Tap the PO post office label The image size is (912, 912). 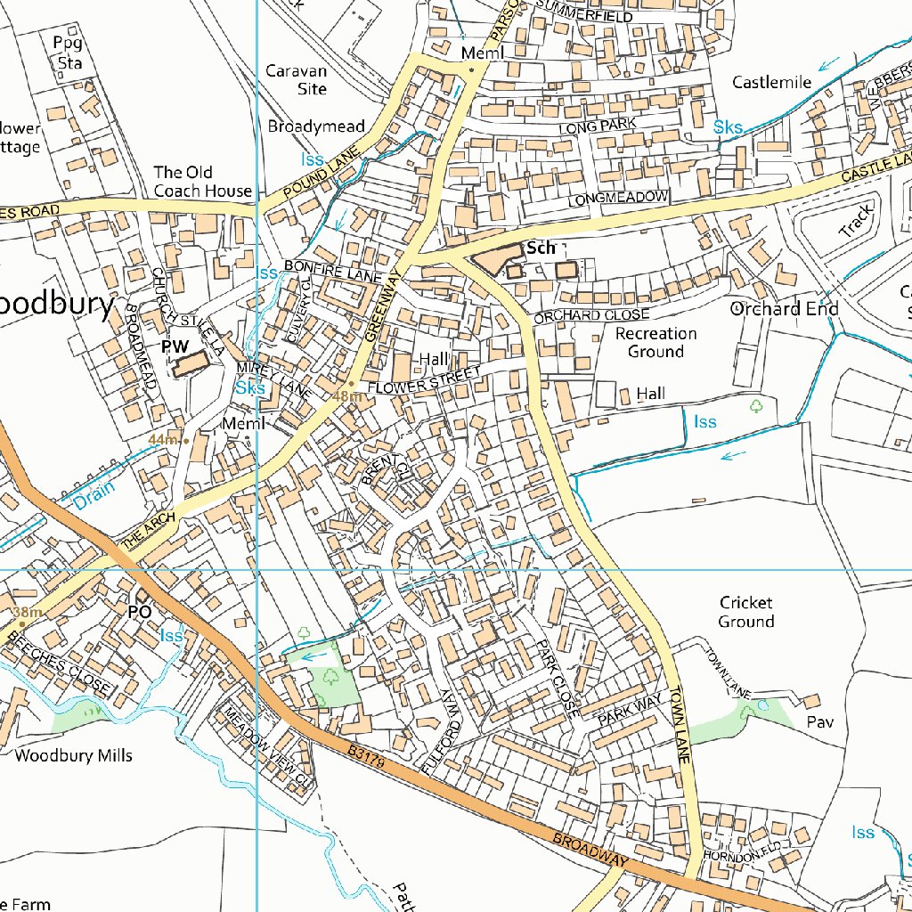[x=140, y=612]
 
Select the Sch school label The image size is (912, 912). [x=541, y=248]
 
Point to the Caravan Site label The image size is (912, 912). [x=297, y=79]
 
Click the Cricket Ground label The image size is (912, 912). [x=746, y=612]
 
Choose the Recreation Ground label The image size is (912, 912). [x=656, y=342]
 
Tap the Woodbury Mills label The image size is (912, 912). [x=74, y=755]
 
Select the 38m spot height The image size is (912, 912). [x=28, y=613]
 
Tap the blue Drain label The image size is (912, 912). [x=94, y=496]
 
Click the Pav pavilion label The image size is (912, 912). [x=819, y=721]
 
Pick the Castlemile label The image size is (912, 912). [x=772, y=82]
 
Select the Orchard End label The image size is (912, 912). [x=784, y=309]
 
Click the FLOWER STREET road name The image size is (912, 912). [x=423, y=382]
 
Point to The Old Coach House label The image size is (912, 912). [x=203, y=181]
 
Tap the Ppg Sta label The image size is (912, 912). [x=69, y=53]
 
